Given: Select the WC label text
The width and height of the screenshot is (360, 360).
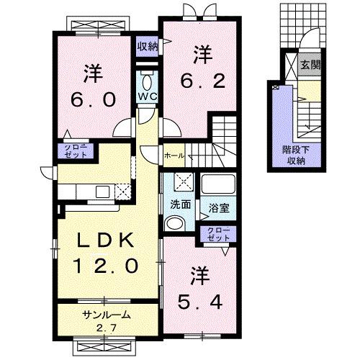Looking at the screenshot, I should [x=146, y=96].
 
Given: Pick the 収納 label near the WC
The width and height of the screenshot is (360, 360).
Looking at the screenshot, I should [x=147, y=46].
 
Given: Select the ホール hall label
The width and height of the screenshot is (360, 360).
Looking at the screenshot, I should [x=174, y=155].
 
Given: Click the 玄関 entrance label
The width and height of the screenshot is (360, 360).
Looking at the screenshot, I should [x=310, y=66].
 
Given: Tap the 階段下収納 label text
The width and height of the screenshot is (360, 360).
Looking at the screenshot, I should [x=293, y=156].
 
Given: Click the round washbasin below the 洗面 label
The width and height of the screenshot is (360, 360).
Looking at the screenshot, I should [x=172, y=224].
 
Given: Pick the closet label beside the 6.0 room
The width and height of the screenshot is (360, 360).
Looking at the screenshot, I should [x=72, y=151].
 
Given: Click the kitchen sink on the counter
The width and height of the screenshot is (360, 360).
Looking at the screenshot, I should [x=101, y=191].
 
